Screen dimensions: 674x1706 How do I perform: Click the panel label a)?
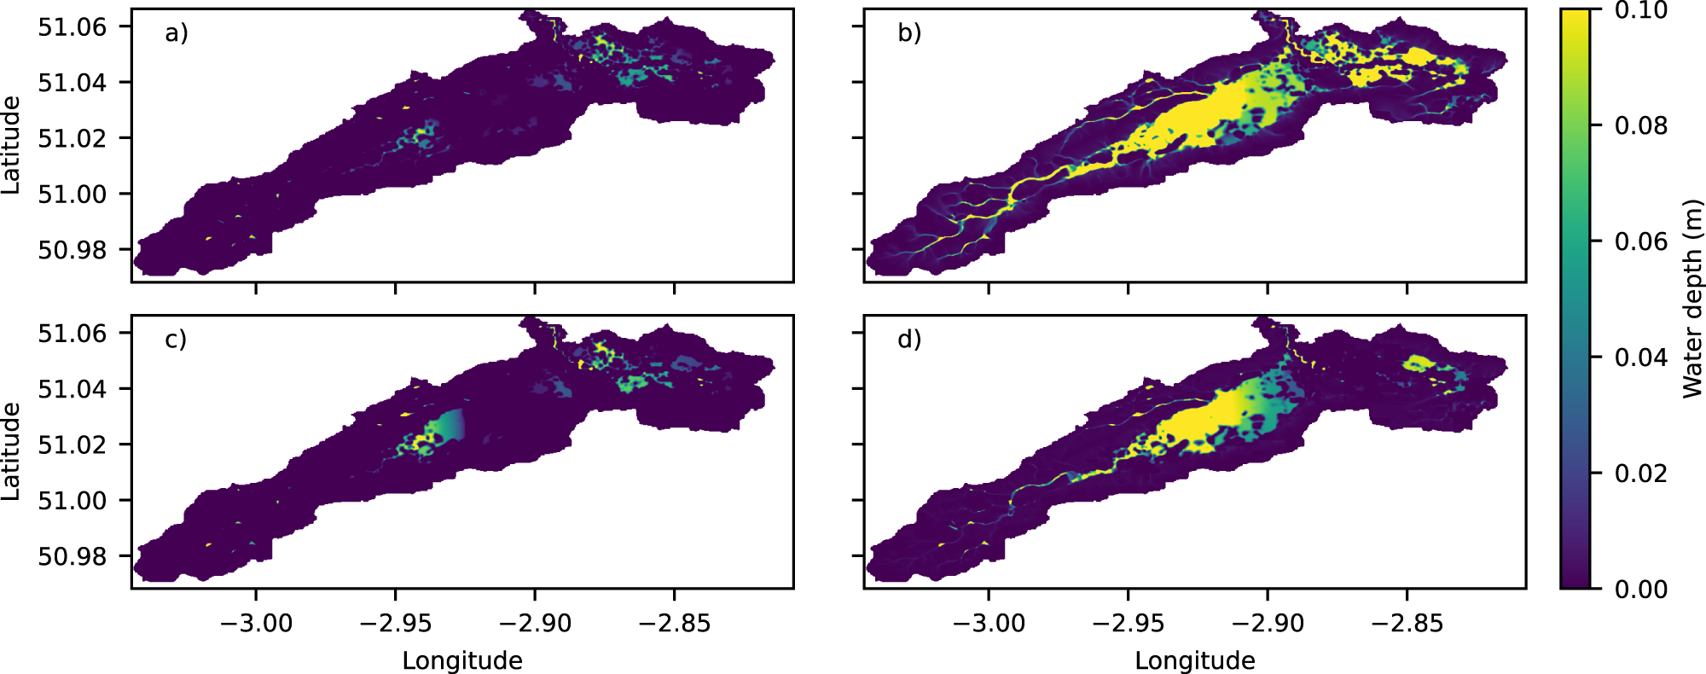(176, 33)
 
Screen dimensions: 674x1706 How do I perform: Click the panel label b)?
(909, 33)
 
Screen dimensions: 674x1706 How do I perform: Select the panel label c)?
(175, 340)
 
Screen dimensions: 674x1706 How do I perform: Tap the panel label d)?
(909, 340)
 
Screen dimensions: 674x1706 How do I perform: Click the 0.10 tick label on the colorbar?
(1640, 11)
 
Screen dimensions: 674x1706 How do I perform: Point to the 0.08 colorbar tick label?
(1640, 126)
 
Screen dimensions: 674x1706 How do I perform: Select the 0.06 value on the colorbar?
(1640, 242)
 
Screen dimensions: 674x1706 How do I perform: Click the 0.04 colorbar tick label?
(1640, 357)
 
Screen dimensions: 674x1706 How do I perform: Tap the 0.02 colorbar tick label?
(1640, 474)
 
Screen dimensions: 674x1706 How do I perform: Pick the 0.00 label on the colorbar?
(1640, 589)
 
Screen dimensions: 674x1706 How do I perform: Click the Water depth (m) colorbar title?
(1692, 299)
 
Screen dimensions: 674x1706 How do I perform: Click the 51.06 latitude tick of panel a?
(73, 27)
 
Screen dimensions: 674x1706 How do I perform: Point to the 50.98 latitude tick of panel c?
(73, 556)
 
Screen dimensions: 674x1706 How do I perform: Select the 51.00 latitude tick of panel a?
(73, 195)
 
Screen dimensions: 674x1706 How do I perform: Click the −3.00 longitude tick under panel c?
(256, 623)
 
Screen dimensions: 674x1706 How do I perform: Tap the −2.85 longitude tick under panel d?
(1407, 623)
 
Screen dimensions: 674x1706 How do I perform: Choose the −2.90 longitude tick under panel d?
(1268, 623)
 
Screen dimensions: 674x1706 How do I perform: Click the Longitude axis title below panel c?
(462, 660)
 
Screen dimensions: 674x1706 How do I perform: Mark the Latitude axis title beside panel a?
(11, 145)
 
